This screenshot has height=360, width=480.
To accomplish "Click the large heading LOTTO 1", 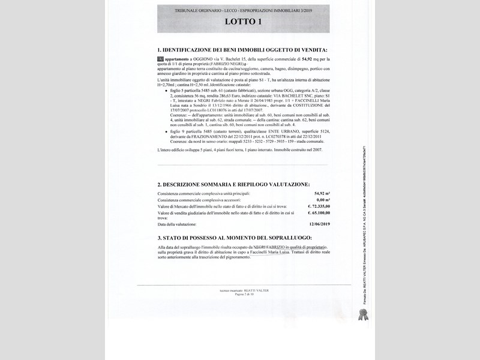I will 243,22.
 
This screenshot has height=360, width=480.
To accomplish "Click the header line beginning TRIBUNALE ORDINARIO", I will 243,11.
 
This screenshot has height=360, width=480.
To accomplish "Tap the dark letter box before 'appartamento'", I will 160,59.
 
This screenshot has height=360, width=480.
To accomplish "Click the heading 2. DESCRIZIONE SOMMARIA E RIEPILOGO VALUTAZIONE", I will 233,184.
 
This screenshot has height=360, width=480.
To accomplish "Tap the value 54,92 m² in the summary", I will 322,194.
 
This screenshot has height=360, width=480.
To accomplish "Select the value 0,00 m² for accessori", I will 323,200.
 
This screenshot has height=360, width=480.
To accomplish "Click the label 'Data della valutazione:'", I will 177,224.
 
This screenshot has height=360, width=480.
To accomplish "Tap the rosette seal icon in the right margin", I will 362,314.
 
